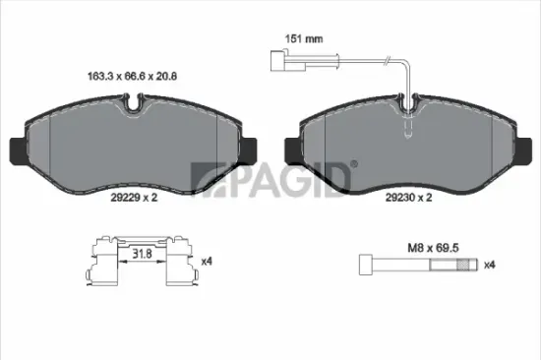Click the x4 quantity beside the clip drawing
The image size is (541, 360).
(206, 262)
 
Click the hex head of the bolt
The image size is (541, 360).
(363, 265)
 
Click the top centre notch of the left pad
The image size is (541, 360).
(135, 99)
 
